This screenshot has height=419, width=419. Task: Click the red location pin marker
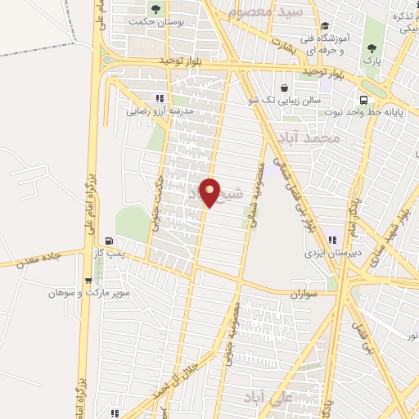tap(210, 193)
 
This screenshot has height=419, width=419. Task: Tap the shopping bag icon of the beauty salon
tap(284, 88)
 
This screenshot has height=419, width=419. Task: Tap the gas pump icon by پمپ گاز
tap(110, 241)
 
